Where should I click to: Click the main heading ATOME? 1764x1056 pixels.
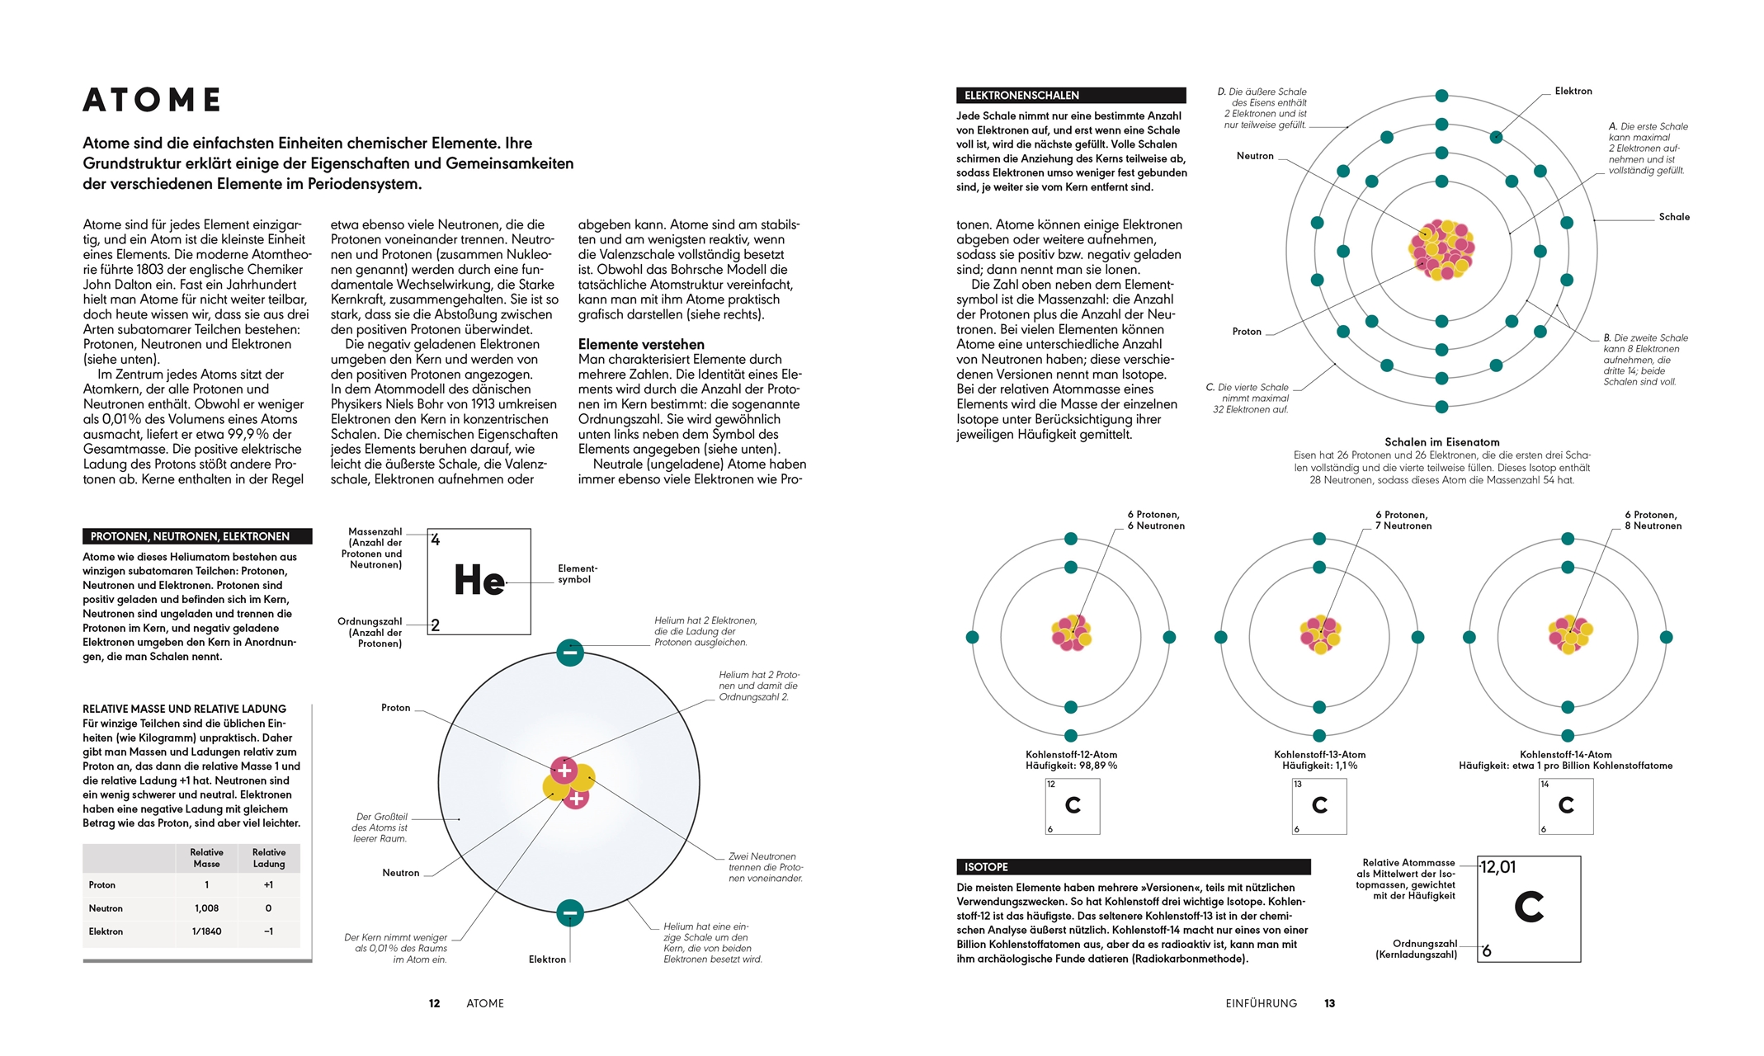click(x=153, y=100)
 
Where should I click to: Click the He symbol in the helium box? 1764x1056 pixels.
click(x=479, y=580)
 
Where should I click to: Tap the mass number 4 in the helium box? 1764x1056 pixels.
click(x=436, y=540)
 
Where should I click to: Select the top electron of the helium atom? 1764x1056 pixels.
click(x=570, y=653)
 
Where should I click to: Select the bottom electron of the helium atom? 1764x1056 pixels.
click(x=570, y=913)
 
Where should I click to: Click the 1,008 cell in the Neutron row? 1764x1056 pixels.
click(x=206, y=908)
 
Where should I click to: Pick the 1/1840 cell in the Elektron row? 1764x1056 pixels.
click(x=206, y=931)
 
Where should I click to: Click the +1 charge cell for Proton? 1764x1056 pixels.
click(x=268, y=885)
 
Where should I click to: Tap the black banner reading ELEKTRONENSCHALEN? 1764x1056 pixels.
click(x=1070, y=96)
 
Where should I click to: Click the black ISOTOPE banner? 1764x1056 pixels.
click(x=1133, y=867)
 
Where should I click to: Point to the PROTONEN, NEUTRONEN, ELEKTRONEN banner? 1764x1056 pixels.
click(x=197, y=536)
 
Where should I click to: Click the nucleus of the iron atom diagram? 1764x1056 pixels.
click(x=1441, y=249)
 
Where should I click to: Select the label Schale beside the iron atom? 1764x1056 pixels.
click(x=1674, y=217)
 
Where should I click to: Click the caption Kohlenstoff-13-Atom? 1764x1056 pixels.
click(x=1319, y=755)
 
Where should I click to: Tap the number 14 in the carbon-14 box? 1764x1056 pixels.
click(x=1545, y=785)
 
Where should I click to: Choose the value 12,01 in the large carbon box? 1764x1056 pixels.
click(x=1498, y=867)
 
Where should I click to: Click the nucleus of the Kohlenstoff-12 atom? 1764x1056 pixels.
click(x=1071, y=634)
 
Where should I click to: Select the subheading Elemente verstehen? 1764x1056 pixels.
click(x=641, y=344)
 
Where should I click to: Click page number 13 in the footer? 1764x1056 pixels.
click(x=1329, y=1004)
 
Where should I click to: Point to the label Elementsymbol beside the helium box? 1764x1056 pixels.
click(x=577, y=574)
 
